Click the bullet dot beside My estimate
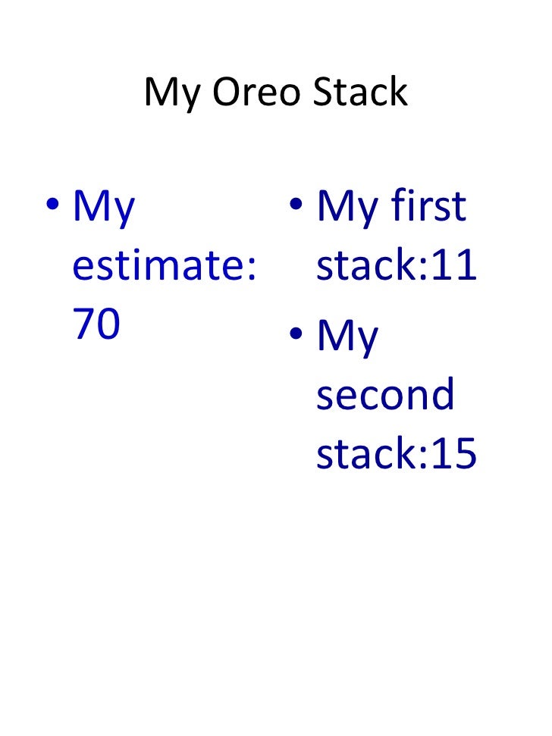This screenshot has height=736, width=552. click(52, 206)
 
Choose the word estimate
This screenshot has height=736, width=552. click(155, 266)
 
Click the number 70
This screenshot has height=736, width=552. click(96, 324)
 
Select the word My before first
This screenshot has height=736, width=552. click(347, 208)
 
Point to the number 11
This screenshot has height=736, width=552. click(453, 266)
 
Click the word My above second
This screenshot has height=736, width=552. click(347, 338)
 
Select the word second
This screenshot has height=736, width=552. click(385, 395)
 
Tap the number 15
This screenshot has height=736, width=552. click(453, 454)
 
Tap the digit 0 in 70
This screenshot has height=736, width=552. click(108, 324)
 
